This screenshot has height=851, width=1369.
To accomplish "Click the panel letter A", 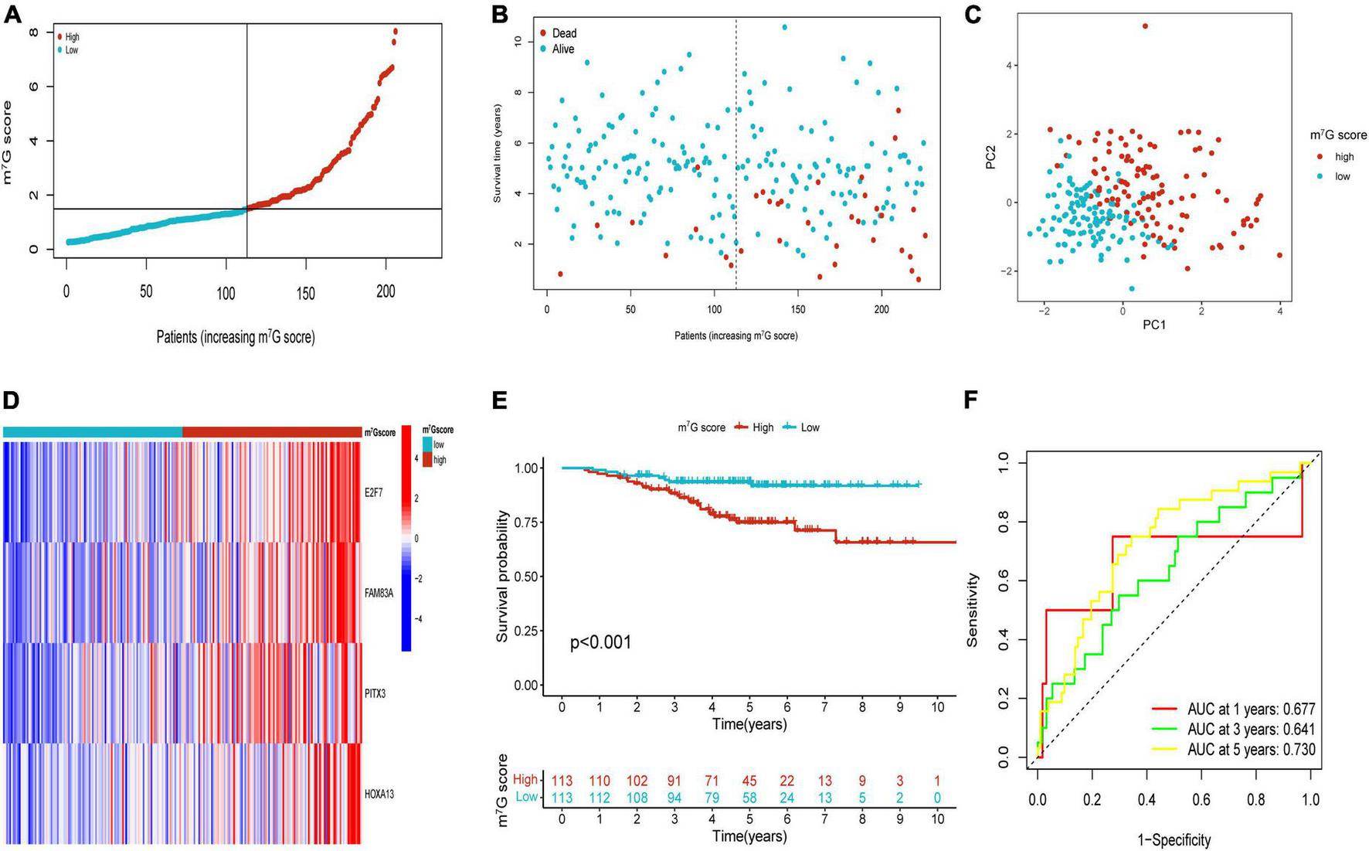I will [12, 15].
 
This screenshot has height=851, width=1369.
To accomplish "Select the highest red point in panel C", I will [1145, 26].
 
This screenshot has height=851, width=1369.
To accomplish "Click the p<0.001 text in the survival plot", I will [600, 642].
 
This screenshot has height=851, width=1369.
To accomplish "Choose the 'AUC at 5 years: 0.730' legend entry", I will [1251, 750].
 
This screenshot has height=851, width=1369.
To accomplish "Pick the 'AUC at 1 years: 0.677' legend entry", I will [1251, 710].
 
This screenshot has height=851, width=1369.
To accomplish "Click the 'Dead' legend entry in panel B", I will [563, 33].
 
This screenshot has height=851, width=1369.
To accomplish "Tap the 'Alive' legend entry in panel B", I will [562, 49].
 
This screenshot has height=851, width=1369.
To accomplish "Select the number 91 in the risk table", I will [674, 781].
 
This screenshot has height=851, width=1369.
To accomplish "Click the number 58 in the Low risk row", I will [749, 797].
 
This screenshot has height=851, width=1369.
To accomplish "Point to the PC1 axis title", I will [1153, 325].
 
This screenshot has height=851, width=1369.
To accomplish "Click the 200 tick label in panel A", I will [386, 292].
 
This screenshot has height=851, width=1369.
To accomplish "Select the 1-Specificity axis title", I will [1174, 839].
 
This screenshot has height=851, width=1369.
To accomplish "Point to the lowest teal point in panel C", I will [1132, 288].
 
